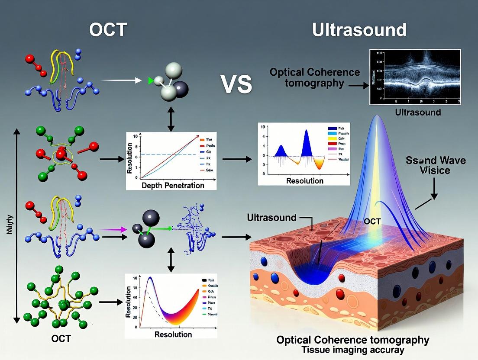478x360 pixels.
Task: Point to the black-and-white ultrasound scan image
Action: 414,77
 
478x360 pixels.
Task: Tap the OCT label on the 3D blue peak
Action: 372,222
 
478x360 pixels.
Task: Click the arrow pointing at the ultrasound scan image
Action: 358,86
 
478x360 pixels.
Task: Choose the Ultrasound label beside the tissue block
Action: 272,218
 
